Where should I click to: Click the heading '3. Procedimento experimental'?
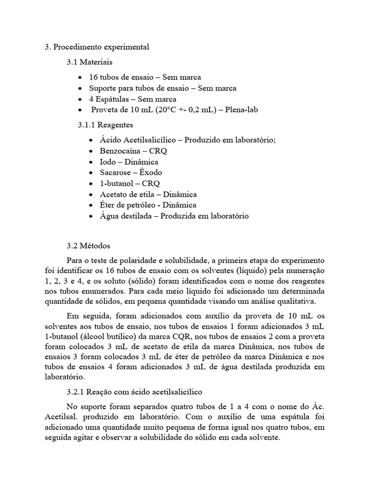pyautogui.click(x=97, y=47)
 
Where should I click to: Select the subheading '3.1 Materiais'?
pyautogui.click(x=90, y=62)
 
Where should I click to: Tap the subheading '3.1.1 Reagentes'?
pyautogui.click(x=99, y=125)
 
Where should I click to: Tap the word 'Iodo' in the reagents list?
pyautogui.click(x=107, y=161)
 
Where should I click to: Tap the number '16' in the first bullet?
pyautogui.click(x=93, y=77)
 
